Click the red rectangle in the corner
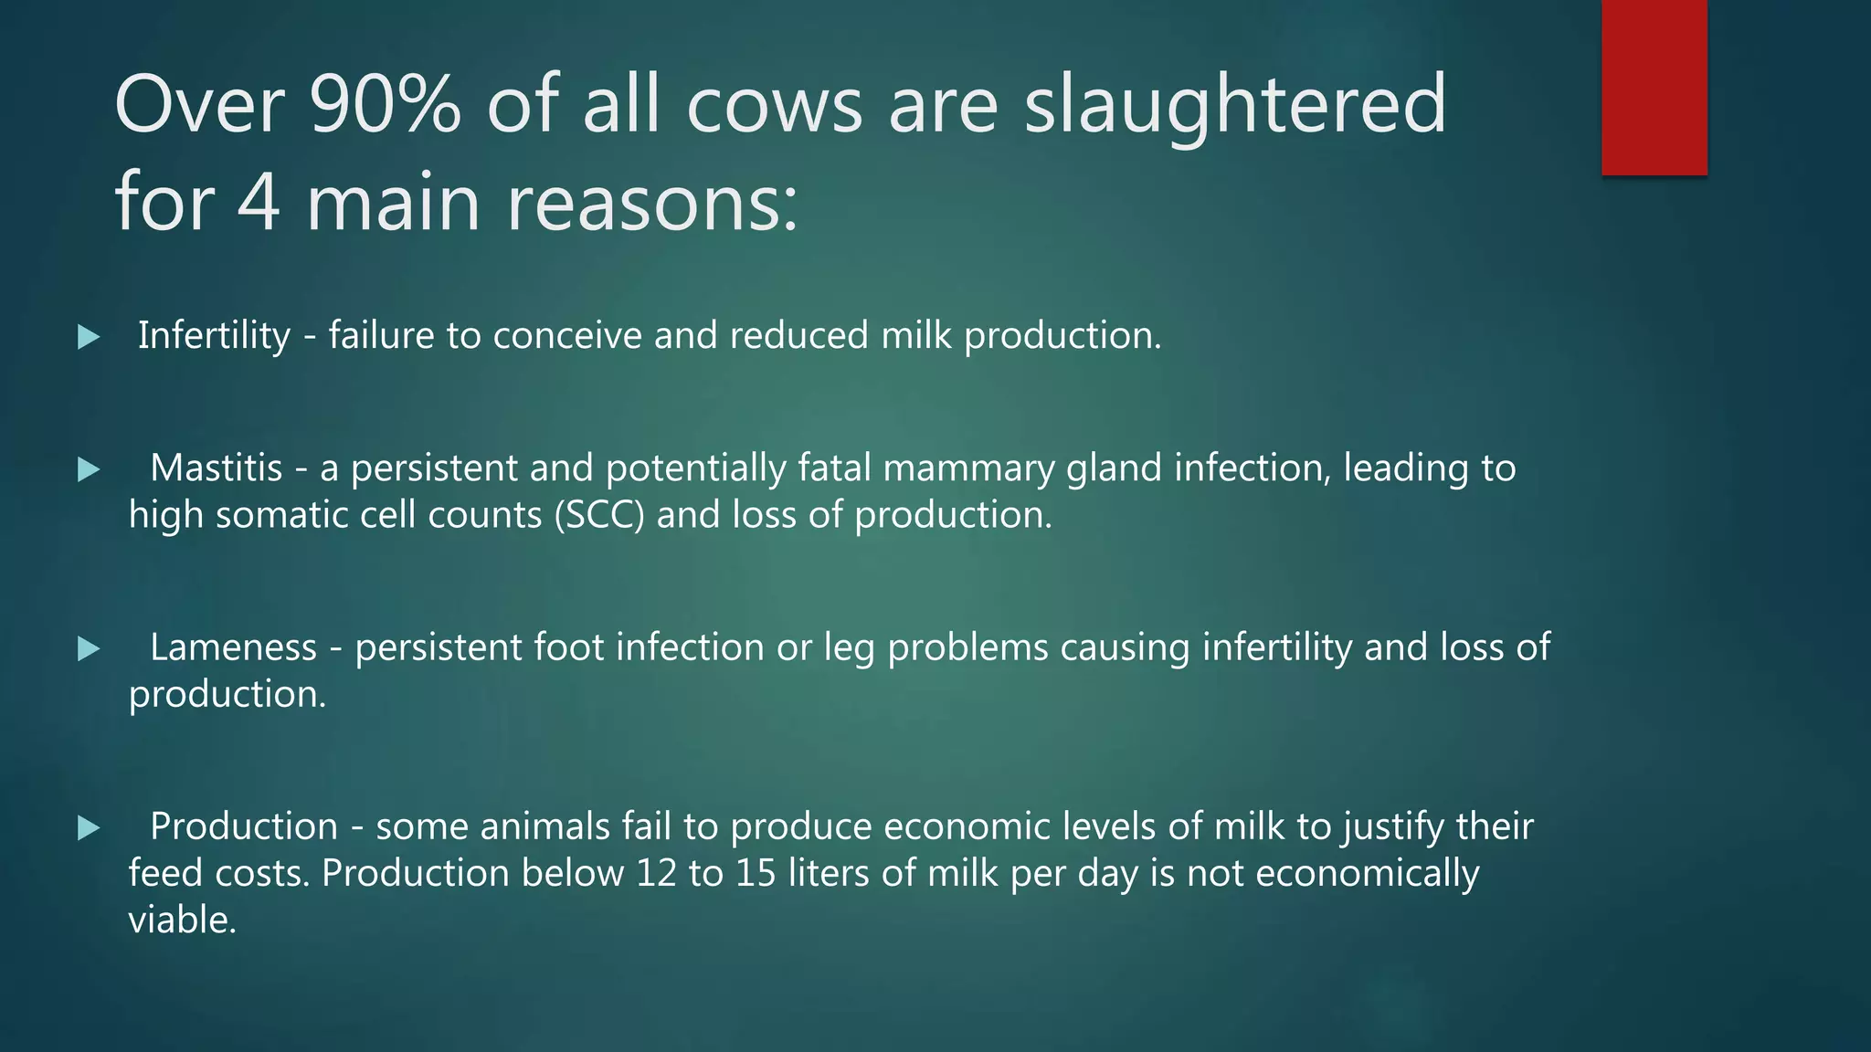1654,87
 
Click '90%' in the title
385,104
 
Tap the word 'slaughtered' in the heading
1235,104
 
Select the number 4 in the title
259,202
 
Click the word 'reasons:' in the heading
652,204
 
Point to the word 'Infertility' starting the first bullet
214,336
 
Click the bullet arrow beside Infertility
89,337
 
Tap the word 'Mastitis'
216,468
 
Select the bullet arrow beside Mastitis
89,469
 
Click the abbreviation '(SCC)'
599,515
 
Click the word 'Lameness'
233,647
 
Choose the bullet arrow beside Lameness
89,649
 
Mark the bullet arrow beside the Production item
89,828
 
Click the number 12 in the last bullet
656,873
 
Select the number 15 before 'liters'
756,873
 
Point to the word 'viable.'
183,920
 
